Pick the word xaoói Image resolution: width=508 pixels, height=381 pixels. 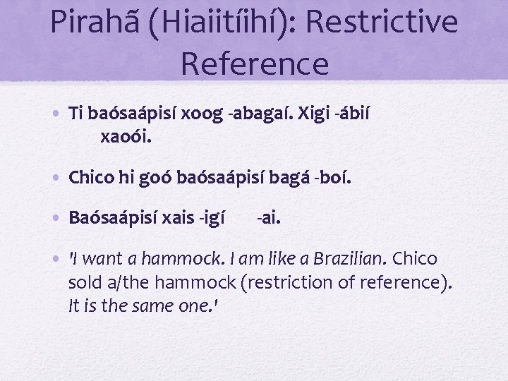(x=126, y=135)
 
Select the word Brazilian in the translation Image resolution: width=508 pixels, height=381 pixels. (x=348, y=259)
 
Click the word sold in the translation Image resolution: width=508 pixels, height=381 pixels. (x=85, y=282)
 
